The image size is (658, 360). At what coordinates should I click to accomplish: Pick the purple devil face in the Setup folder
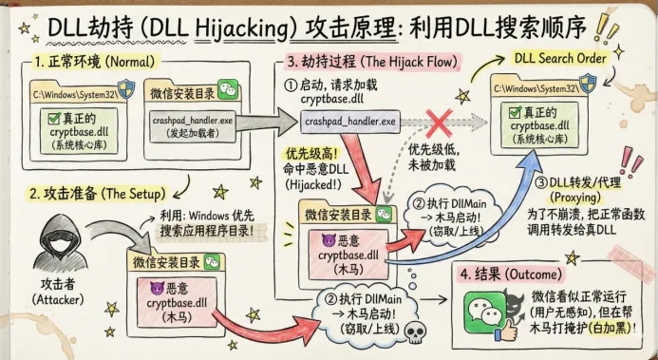(157, 287)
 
